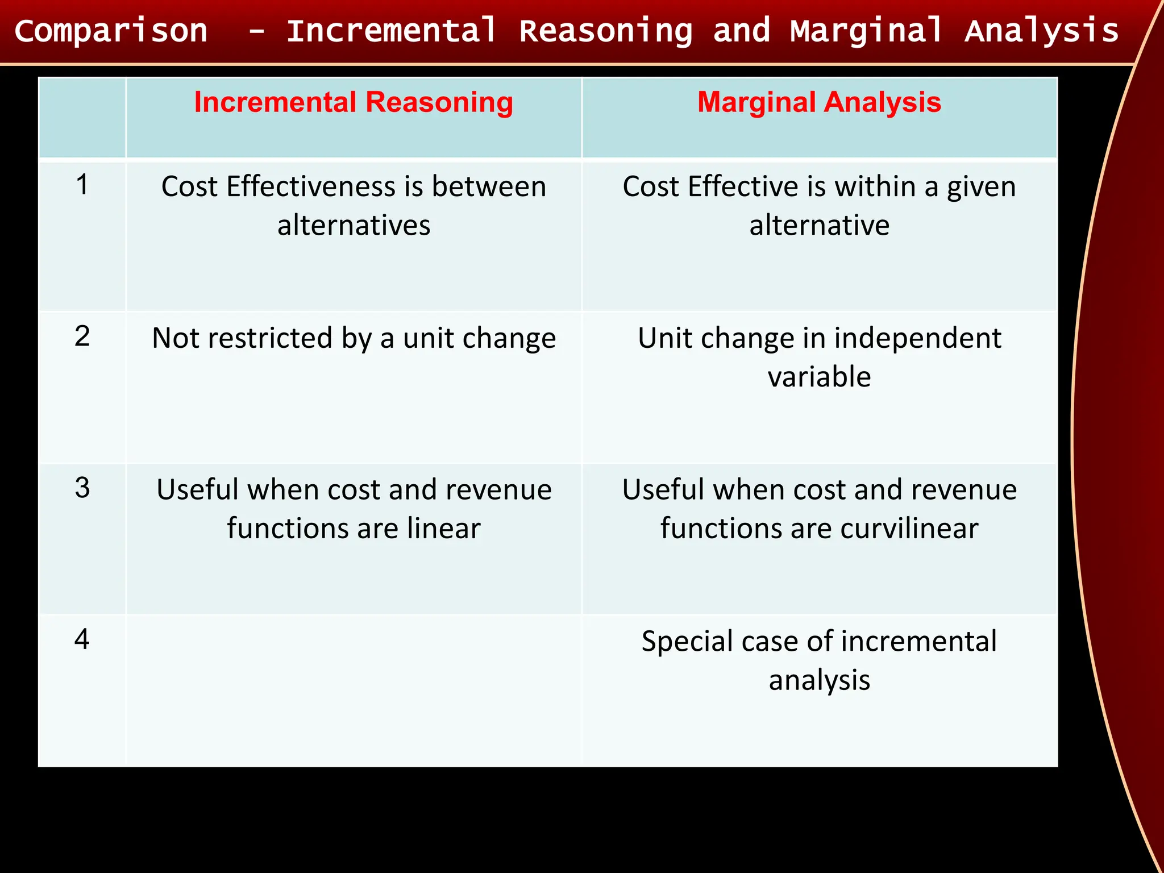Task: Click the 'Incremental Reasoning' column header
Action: coord(354,103)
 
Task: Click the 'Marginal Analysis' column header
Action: coord(819,103)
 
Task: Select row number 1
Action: coord(82,185)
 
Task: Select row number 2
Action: coord(82,336)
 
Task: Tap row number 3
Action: coord(82,488)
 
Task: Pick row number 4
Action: coord(82,639)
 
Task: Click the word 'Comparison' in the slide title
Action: coord(111,31)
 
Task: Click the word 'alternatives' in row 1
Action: coord(354,225)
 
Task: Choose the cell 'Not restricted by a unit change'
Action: coord(354,338)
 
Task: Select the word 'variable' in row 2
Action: coord(819,377)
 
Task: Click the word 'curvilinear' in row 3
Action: coord(909,529)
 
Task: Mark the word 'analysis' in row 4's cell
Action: coord(819,680)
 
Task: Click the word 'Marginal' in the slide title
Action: coord(867,31)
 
